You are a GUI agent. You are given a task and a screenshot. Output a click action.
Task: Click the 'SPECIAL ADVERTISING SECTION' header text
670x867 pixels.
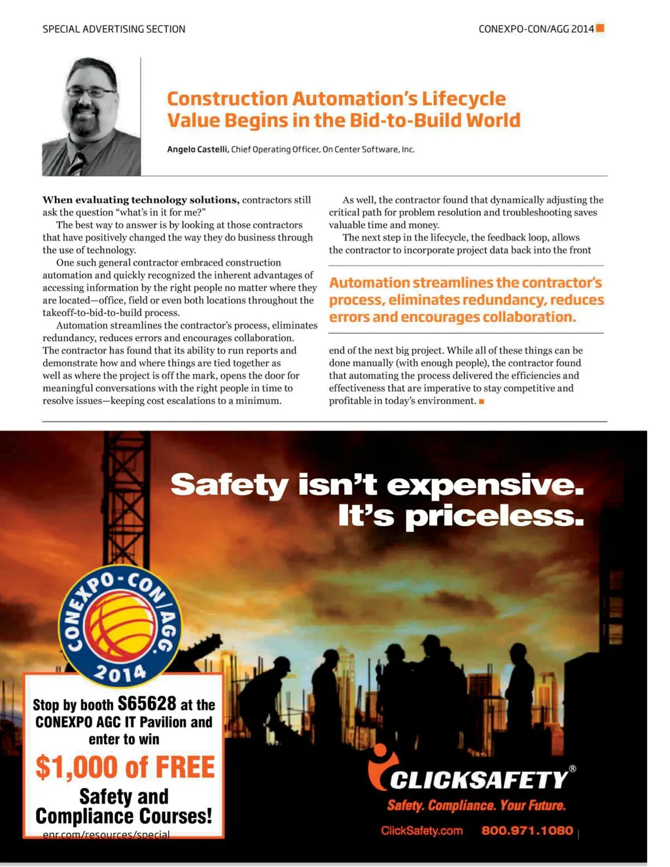tap(114, 29)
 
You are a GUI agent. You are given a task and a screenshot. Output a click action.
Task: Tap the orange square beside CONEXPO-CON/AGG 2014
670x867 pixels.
tap(600, 28)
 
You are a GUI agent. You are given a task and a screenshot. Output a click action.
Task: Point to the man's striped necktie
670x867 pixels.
tap(77, 163)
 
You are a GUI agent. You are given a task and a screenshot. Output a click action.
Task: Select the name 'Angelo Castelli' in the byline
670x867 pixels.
tap(198, 150)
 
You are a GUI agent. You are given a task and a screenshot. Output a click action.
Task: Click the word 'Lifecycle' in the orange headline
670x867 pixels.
tap(463, 99)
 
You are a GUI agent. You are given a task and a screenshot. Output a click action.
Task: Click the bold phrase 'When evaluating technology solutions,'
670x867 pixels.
tap(141, 200)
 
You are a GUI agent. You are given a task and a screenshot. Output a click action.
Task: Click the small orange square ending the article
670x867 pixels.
tap(482, 402)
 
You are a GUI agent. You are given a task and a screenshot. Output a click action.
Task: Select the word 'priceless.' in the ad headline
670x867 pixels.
tap(494, 517)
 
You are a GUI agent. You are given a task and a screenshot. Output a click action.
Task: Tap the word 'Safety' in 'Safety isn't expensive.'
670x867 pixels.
tap(229, 486)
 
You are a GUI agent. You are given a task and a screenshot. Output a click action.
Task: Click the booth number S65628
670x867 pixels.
tap(147, 704)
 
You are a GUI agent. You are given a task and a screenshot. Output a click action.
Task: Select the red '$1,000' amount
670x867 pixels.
tap(77, 768)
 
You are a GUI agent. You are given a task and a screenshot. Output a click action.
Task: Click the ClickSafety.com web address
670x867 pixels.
tap(421, 831)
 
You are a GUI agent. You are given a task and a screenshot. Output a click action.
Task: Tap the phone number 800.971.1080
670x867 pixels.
tap(527, 831)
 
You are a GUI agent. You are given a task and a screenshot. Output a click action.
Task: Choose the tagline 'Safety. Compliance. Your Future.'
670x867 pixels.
tap(476, 805)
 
